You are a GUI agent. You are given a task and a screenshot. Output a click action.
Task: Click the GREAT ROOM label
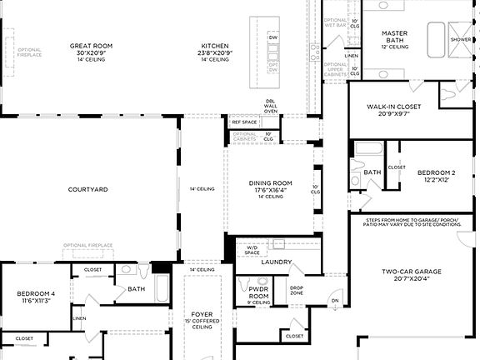(x=92, y=46)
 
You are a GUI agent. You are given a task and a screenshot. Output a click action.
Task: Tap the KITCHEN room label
(x=214, y=46)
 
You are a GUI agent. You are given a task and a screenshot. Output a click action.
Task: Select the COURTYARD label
(x=87, y=190)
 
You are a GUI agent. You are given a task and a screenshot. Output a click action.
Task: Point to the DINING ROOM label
(x=271, y=182)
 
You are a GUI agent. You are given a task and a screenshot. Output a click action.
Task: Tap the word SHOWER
(x=460, y=39)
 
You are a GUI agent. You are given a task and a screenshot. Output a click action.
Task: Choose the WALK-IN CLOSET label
(x=394, y=107)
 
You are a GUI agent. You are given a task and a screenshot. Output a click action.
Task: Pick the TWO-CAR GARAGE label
(x=411, y=272)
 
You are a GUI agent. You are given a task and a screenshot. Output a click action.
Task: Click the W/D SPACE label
(x=252, y=248)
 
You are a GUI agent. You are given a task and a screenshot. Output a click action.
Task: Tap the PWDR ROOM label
(x=259, y=292)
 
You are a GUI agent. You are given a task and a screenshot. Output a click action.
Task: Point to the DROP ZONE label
(x=297, y=292)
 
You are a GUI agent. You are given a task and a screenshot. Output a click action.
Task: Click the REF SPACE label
(x=243, y=122)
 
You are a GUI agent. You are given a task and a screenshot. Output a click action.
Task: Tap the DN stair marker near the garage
(x=335, y=301)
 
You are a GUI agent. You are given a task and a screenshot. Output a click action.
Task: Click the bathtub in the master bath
(x=438, y=37)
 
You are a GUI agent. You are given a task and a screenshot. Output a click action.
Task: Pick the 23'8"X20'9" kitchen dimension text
(x=214, y=53)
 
